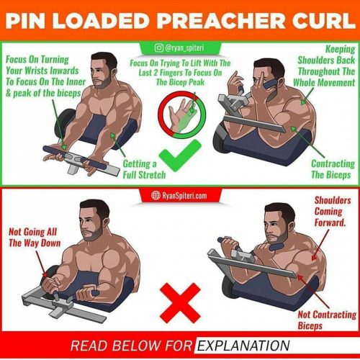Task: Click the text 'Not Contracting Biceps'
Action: (327, 320)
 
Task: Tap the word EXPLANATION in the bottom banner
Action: (243, 345)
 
